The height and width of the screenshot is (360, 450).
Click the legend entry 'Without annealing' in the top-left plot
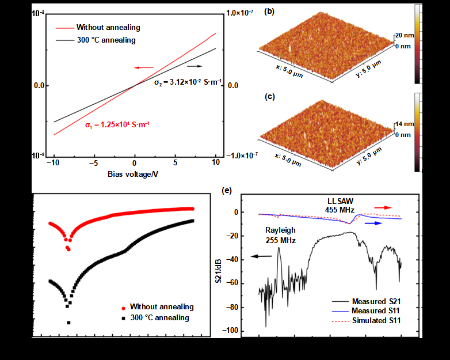pos(108,28)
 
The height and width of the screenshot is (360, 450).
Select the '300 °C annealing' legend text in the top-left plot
pos(106,40)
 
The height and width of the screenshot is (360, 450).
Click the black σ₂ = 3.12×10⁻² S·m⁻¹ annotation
pos(188,82)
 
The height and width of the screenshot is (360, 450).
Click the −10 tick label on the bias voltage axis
pos(55,163)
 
